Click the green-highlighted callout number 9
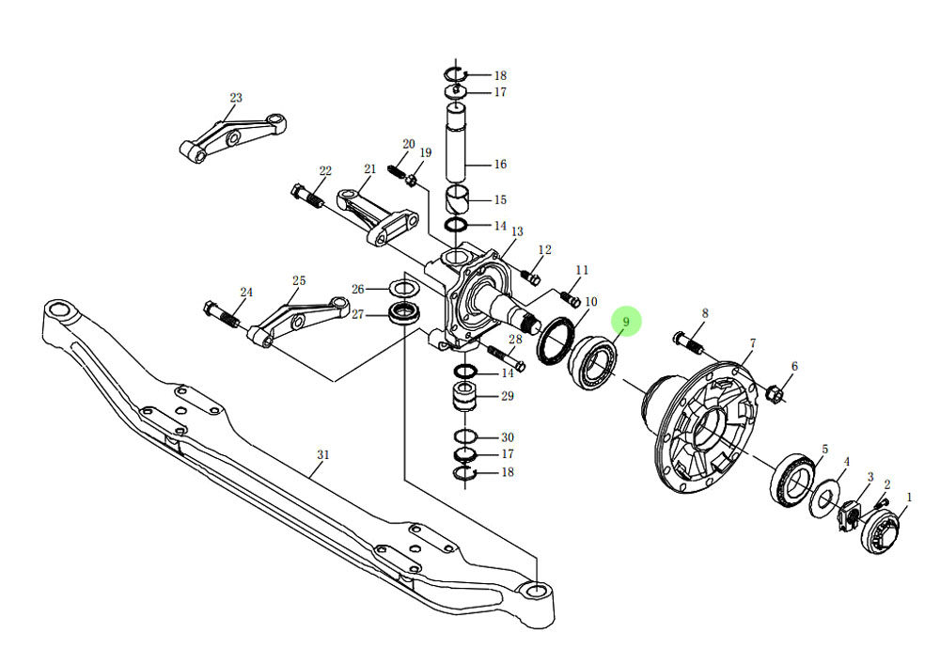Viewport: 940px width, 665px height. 626,322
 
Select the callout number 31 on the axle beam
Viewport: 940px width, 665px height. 322,455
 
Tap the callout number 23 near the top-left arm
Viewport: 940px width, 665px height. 235,98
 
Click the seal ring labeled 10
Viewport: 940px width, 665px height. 555,340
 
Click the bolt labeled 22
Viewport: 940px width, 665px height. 307,196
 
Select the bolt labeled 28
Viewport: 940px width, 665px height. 506,355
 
